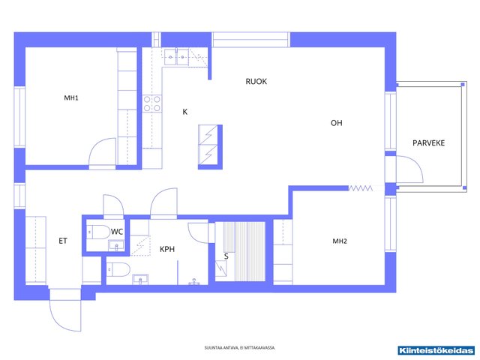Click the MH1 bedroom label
tap(71, 98)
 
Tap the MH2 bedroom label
tap(340, 241)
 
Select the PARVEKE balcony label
tap(428, 143)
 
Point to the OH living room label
tap(337, 123)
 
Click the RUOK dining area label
tap(256, 82)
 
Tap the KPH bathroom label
tap(167, 249)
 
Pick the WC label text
tap(117, 232)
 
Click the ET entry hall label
tap(63, 241)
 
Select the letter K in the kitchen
tap(185, 112)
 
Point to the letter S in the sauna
tap(226, 256)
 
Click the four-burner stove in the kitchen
tap(152, 103)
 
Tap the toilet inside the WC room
tap(98, 232)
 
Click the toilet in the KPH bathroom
tap(118, 269)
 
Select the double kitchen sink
tap(177, 57)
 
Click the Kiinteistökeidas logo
tap(436, 350)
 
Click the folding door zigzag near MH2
tap(361, 188)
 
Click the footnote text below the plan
tap(240, 348)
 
